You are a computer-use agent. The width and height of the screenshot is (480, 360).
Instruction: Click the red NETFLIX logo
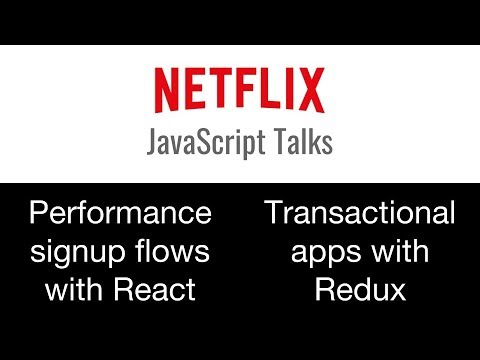239,90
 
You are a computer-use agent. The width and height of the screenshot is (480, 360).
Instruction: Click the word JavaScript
204,144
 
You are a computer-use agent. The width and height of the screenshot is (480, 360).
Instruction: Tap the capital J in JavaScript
153,142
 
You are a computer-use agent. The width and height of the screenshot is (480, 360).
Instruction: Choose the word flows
176,250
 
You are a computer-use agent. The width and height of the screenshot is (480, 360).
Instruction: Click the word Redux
359,290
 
